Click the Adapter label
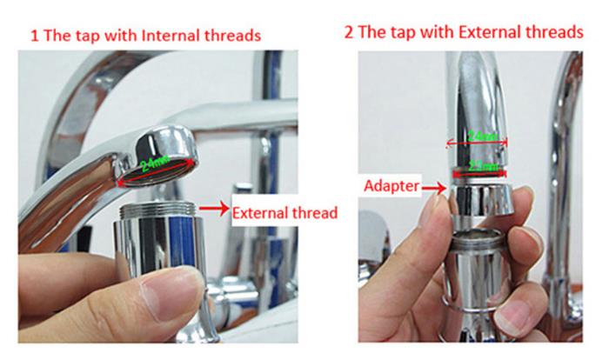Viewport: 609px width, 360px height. (x=391, y=185)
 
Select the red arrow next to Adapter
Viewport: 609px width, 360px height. (x=432, y=185)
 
